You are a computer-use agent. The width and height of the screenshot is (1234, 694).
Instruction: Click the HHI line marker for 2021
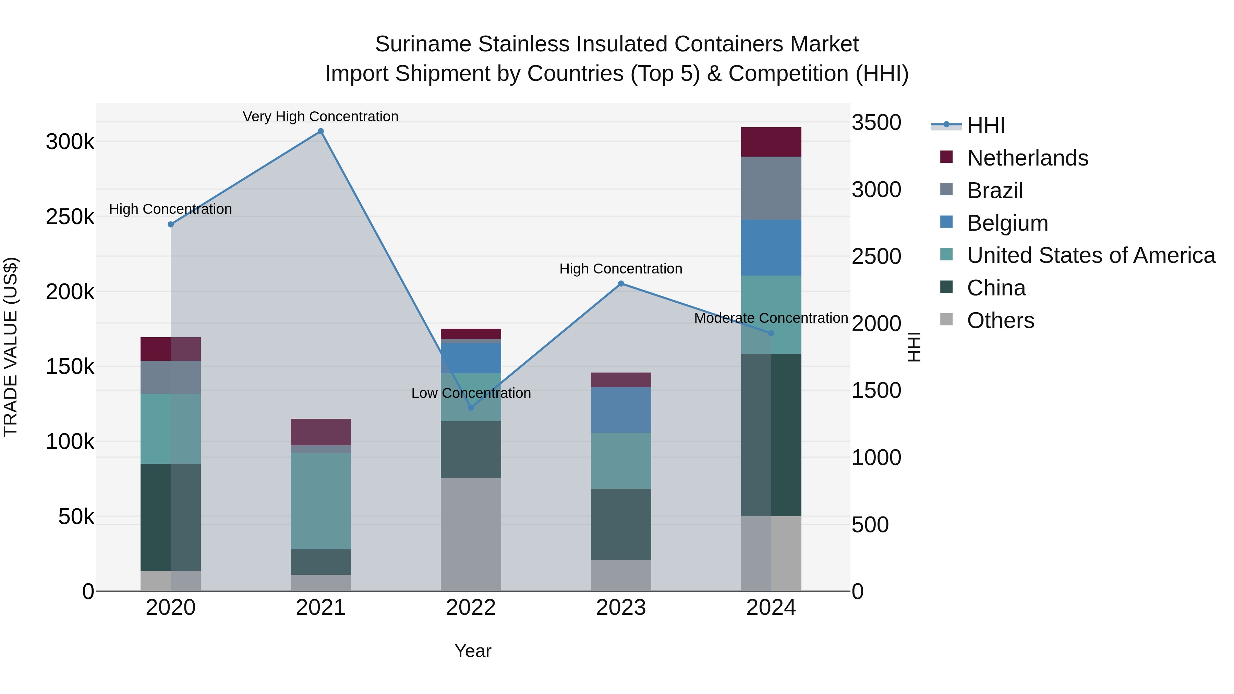click(x=320, y=131)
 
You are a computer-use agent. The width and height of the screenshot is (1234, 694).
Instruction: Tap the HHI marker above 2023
click(x=621, y=283)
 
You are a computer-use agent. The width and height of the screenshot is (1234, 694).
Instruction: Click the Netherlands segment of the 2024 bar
click(x=771, y=142)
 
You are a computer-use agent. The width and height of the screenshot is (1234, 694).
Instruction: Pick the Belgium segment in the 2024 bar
click(x=771, y=248)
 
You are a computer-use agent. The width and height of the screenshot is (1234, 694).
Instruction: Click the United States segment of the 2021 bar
click(x=320, y=501)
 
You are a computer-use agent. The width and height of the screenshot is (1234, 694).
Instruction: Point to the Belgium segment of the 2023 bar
click(x=621, y=410)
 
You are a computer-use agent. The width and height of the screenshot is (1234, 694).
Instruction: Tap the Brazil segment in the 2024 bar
click(x=771, y=188)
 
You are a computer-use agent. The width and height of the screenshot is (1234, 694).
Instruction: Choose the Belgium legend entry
click(x=1007, y=223)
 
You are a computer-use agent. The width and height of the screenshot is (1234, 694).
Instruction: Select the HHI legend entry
click(x=985, y=125)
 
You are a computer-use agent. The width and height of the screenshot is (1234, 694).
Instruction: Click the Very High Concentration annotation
click(x=320, y=117)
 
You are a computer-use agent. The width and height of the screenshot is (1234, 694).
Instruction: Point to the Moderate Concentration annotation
click(x=771, y=318)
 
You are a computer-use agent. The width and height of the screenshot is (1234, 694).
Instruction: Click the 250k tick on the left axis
click(x=70, y=217)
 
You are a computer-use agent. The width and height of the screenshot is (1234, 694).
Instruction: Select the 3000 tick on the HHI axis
click(x=876, y=190)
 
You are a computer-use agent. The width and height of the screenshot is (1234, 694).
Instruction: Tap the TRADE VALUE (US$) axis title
click(x=11, y=347)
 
